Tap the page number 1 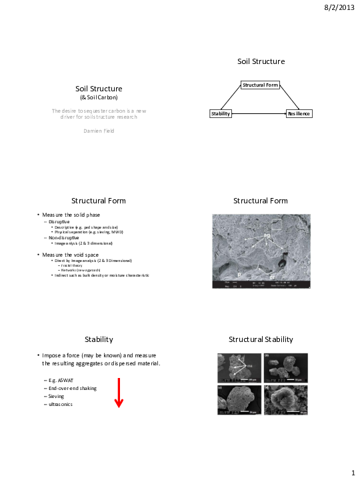click(353, 473)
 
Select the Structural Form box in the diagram click(260, 85)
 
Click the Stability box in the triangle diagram click(221, 114)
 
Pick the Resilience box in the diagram click(299, 114)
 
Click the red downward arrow click(119, 393)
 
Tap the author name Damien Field click(98, 131)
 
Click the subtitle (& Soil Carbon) click(99, 97)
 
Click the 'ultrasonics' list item click(61, 404)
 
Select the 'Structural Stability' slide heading click(260, 339)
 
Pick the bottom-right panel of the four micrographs click(285, 399)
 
